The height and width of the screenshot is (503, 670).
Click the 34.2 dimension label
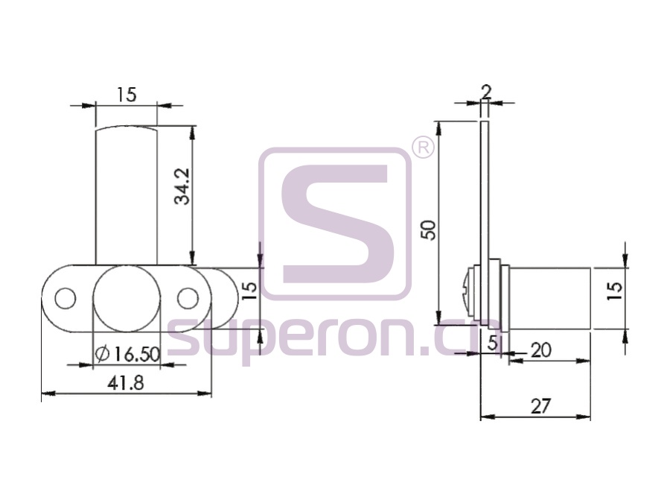pos(182,186)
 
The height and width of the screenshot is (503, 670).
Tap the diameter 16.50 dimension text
pos(128,354)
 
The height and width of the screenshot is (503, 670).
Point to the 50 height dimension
pos(428,230)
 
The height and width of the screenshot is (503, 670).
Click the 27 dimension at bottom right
pos(540,405)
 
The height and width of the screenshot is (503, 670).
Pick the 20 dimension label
pos(540,350)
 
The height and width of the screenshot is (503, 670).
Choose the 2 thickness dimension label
pos(486,92)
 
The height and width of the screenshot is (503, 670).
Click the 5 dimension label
pos(493,343)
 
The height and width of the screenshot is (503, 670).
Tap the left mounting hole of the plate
pos(65,298)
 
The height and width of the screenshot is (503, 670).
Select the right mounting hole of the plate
pos(188,298)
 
